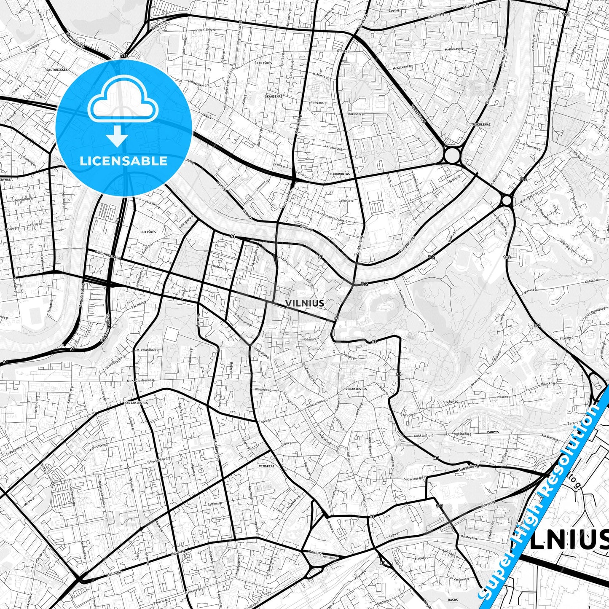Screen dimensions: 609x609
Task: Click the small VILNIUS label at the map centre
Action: (x=305, y=303)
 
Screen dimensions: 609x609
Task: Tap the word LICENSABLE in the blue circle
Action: (x=124, y=161)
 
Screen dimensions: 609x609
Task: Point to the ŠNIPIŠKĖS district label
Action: (x=263, y=63)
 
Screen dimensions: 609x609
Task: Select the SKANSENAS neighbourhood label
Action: (x=274, y=97)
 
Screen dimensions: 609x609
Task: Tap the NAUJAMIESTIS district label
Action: (x=136, y=403)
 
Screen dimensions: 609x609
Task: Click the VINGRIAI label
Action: (x=267, y=466)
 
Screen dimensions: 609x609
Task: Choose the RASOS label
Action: (x=453, y=599)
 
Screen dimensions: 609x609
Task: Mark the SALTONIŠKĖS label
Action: (x=57, y=70)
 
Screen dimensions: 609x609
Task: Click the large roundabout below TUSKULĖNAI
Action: (x=452, y=155)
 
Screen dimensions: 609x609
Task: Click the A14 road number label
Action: (x=123, y=55)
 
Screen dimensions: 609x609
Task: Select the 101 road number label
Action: (x=440, y=505)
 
